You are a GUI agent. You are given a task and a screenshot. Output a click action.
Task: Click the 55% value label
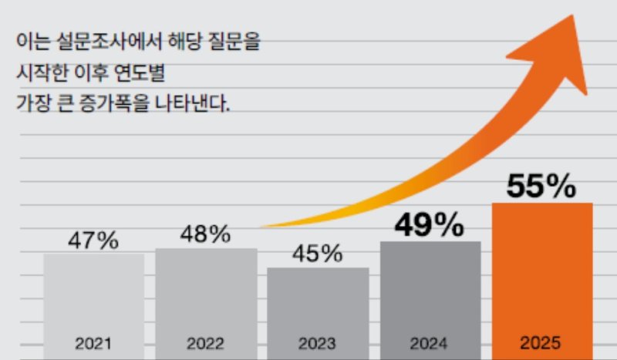click(541, 186)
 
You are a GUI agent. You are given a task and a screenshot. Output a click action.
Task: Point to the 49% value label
click(430, 224)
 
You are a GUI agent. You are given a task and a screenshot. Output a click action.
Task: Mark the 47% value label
click(93, 241)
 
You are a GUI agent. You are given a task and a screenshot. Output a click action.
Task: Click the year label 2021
click(93, 343)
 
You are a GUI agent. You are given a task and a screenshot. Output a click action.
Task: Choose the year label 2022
click(206, 343)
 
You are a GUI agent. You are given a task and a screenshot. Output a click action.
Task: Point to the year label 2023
click(318, 343)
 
